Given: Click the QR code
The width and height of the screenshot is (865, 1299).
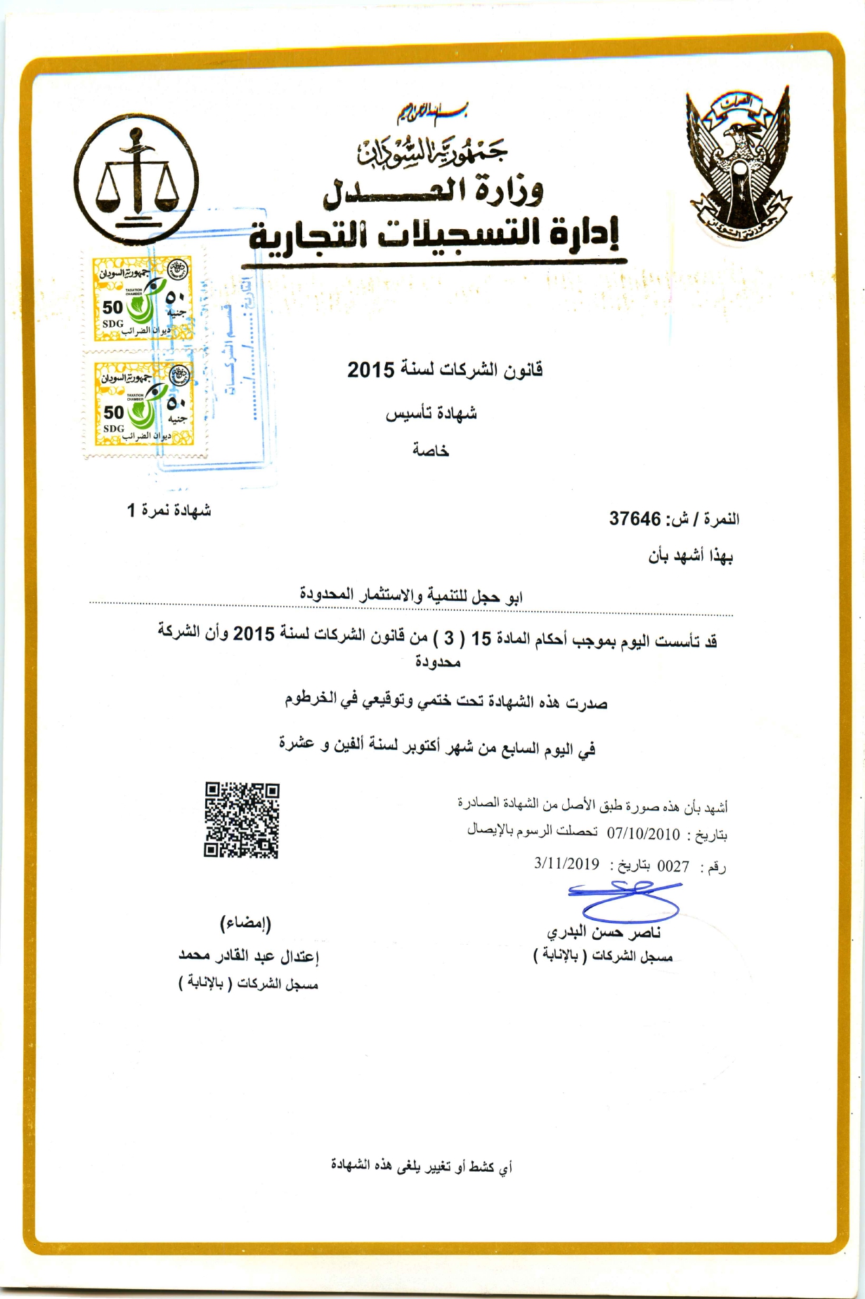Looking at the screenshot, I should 242,820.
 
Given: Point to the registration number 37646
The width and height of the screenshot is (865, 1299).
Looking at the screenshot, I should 635,519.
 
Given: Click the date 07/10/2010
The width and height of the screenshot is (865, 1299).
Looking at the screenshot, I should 644,834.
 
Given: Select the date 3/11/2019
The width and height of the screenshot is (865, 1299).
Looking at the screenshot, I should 566,865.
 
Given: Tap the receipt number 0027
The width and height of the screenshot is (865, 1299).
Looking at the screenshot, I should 672,866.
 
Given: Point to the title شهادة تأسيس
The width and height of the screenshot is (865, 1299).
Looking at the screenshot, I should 431,413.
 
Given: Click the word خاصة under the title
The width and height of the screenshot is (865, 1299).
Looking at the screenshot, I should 431,450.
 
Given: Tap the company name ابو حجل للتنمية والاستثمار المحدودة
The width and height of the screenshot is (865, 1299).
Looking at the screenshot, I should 411,597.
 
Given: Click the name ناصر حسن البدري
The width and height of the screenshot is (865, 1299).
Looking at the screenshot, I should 604,933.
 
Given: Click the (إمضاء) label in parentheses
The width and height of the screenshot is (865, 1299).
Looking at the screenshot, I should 245,923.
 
